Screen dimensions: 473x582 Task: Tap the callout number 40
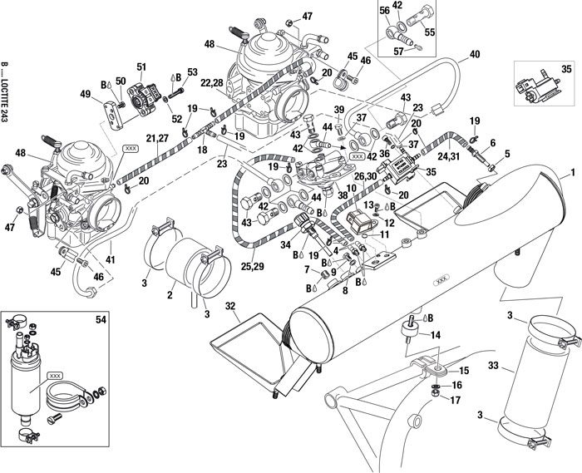click(x=475, y=55)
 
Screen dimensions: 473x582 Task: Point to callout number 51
click(x=141, y=67)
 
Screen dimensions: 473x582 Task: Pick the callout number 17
click(x=455, y=400)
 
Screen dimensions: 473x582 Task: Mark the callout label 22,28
click(x=212, y=82)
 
